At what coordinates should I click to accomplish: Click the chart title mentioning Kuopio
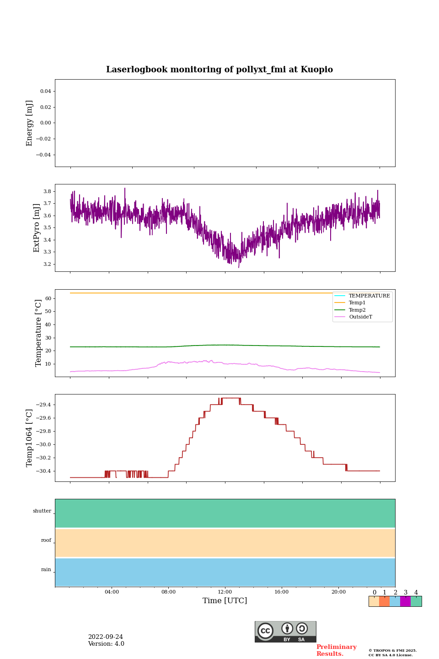click(219, 70)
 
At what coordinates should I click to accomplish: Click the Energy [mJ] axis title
click(30, 123)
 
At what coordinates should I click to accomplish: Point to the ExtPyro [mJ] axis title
click(37, 228)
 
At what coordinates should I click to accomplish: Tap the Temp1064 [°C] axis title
click(30, 438)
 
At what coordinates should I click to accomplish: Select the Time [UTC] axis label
click(225, 601)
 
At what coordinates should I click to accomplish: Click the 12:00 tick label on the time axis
click(225, 592)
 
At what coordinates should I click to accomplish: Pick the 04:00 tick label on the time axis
click(112, 592)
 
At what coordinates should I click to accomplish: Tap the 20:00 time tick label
click(338, 592)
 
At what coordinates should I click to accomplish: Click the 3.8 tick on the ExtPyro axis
click(47, 191)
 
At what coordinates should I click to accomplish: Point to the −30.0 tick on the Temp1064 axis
click(44, 445)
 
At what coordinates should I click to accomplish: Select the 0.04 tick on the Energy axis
click(45, 92)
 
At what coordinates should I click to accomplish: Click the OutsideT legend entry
click(360, 317)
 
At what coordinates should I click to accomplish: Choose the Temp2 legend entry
click(357, 310)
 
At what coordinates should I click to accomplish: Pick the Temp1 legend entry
click(357, 303)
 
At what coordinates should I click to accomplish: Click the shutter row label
click(42, 511)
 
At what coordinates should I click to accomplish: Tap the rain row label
click(46, 570)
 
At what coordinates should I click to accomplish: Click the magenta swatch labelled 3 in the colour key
click(405, 601)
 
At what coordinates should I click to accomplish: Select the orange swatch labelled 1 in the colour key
click(384, 601)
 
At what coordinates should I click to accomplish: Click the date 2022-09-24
click(106, 637)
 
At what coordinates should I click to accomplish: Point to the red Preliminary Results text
click(336, 650)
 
